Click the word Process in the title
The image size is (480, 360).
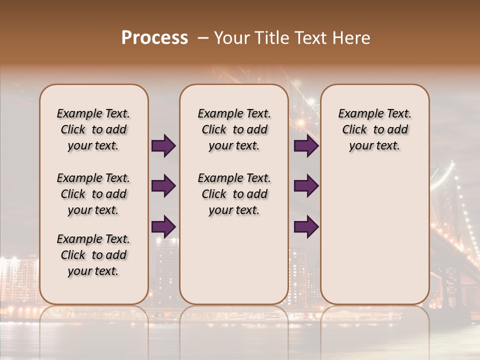pos(154,38)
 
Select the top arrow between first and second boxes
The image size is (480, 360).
pos(163,146)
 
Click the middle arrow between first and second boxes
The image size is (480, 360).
pos(163,186)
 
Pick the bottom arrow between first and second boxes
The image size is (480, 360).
pos(163,226)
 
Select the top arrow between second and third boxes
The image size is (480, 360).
pos(306,146)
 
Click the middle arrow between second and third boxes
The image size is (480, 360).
pos(306,186)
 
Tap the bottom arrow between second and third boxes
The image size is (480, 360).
pos(306,226)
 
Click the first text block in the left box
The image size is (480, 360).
pos(93,129)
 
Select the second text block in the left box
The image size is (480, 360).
pos(93,194)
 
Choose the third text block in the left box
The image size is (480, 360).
pos(93,255)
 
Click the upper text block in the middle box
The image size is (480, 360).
pos(234,129)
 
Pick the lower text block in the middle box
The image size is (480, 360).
pos(234,194)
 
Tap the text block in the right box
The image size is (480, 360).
pos(374,129)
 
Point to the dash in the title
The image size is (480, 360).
pos(203,38)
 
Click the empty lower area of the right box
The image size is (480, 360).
pos(374,235)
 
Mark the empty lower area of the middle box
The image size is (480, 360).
pos(234,260)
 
